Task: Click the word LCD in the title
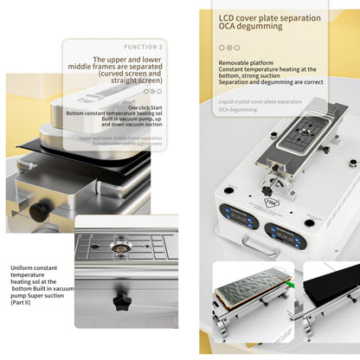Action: coord(227,17)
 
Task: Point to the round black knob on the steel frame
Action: coord(38,211)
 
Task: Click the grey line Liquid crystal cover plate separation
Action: coord(260,102)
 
